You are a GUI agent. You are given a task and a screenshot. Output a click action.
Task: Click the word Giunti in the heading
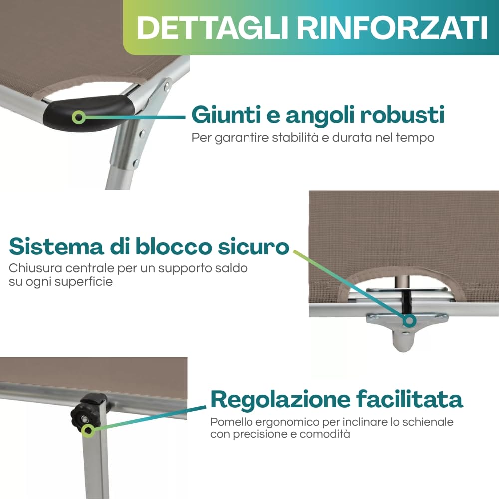click(227, 115)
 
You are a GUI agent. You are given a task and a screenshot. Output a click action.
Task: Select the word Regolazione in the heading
click(280, 399)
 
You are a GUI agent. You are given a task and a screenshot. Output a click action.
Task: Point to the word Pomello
click(232, 422)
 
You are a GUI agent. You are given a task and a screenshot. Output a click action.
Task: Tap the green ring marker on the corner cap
click(79, 117)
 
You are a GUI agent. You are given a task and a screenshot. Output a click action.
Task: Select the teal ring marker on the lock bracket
click(409, 320)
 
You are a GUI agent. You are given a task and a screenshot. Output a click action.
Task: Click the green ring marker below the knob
click(88, 430)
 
